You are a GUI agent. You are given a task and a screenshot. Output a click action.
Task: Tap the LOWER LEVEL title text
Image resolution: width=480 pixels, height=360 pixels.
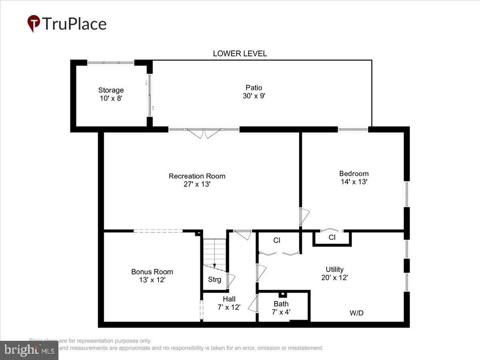pos(240,53)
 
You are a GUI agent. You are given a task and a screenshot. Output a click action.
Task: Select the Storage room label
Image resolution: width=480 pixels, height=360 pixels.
pos(111,90)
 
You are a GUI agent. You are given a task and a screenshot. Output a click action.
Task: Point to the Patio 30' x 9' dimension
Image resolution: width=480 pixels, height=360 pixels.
pos(254,96)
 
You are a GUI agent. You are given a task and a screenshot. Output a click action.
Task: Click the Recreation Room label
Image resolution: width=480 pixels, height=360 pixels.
pos(197,176)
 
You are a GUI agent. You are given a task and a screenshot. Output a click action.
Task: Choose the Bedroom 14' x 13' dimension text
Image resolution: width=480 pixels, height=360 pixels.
pos(353,181)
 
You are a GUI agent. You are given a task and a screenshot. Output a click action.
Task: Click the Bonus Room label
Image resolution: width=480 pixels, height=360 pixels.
pos(152,271)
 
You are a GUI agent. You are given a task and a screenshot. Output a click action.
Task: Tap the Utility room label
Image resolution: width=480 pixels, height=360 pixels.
pos(335,269)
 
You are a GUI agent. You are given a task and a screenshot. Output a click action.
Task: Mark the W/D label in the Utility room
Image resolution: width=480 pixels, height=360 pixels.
pos(356,313)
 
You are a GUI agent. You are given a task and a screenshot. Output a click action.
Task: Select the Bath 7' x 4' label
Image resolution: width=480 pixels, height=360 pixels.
pos(281,307)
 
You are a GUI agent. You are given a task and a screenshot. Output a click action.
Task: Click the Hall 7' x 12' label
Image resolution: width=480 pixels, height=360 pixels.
pos(229,303)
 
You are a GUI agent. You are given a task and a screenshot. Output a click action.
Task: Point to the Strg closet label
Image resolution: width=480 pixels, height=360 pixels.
pos(215,280)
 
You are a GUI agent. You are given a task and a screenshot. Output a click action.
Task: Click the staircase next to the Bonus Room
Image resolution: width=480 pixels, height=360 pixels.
pos(214,253)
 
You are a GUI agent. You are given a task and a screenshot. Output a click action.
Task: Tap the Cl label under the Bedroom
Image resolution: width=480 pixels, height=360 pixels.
pos(332,238)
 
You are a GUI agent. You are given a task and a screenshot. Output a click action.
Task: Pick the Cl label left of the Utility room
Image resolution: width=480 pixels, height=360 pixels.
pos(277,240)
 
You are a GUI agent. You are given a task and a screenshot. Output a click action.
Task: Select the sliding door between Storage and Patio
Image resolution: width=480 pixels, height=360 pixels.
pos(150,96)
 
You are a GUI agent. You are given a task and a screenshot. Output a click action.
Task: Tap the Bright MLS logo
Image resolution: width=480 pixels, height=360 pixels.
pos(29,350)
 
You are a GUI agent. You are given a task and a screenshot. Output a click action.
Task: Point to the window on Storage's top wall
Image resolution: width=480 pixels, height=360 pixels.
pos(111,62)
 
